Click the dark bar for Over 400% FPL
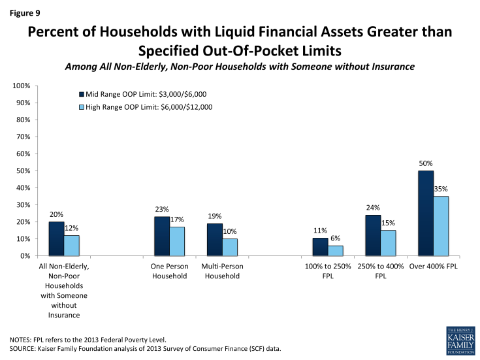pos(426,213)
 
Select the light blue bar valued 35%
pos(441,225)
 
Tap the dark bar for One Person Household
pos(161,236)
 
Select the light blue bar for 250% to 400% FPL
pos(389,242)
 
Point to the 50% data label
pos(426,163)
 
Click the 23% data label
pos(161,210)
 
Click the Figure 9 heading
pos(26,10)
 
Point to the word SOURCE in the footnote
pos(25,348)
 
